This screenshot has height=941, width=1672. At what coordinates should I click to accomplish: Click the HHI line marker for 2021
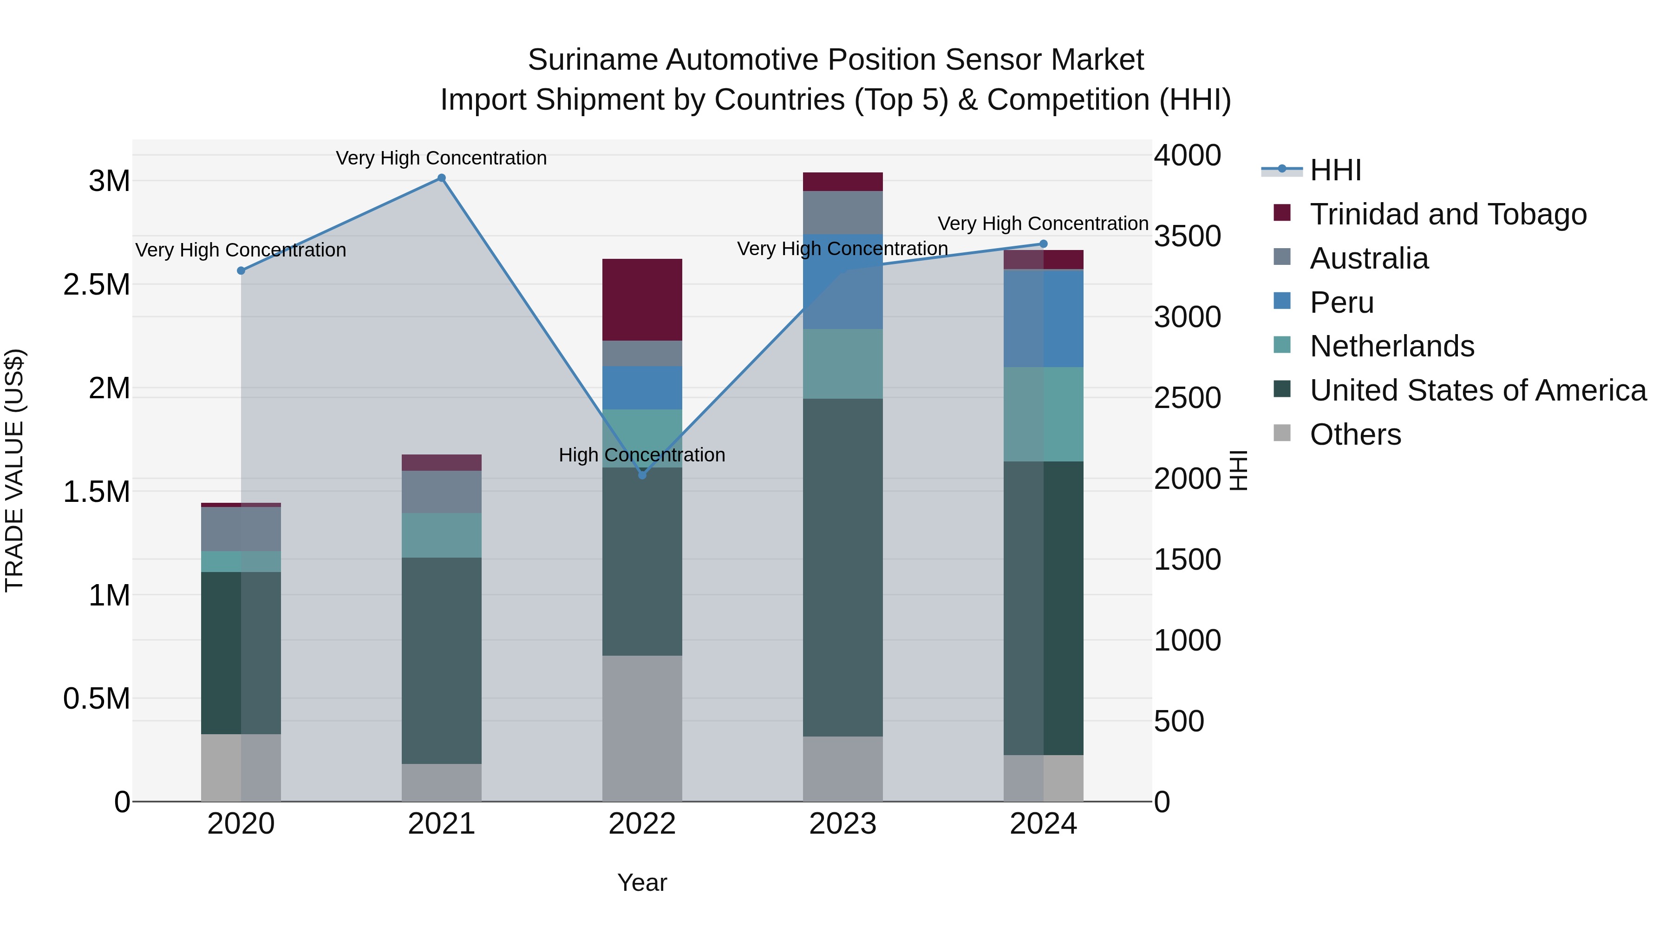[x=441, y=178]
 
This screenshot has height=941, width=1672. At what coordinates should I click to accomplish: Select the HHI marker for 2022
[x=642, y=475]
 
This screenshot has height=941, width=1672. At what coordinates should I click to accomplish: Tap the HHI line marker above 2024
[x=1043, y=244]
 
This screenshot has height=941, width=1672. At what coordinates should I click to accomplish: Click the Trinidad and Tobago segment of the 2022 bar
[x=642, y=299]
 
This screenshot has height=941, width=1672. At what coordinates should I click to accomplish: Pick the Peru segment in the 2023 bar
[x=843, y=281]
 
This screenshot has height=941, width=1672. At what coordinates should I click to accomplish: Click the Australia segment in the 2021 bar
[x=441, y=492]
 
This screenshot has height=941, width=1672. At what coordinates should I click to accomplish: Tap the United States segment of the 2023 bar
[x=843, y=567]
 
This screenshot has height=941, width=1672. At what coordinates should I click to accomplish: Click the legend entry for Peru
[x=1341, y=303]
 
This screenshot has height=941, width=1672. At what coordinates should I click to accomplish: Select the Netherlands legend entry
[x=1391, y=346]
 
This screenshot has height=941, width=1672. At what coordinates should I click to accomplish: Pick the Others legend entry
[x=1355, y=434]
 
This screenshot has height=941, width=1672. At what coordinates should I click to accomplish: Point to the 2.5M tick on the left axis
[x=96, y=284]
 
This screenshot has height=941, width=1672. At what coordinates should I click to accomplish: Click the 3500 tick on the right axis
[x=1187, y=237]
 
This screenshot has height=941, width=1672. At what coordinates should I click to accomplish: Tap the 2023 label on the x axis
[x=843, y=824]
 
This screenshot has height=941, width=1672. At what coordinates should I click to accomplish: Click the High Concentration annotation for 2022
[x=642, y=454]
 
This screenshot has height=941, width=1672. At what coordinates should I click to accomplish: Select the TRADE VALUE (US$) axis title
[x=14, y=470]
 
